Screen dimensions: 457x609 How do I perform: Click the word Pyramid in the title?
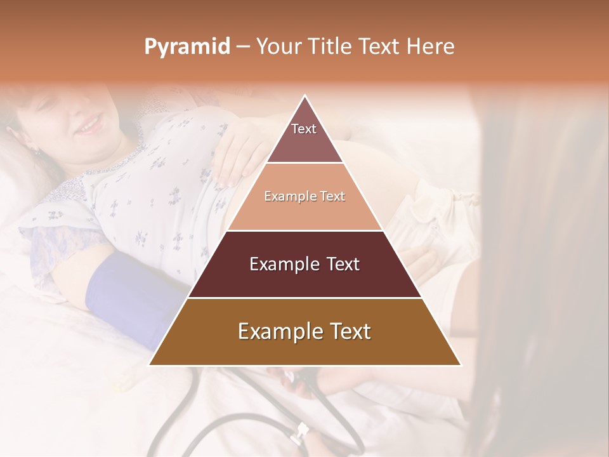(187, 47)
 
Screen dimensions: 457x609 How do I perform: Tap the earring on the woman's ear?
(35, 152)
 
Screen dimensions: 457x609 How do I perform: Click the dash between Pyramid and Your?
(242, 47)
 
